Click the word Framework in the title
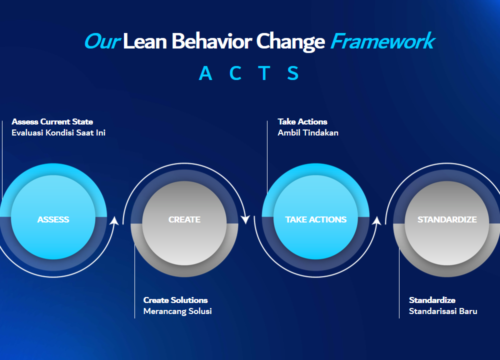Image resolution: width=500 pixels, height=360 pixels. click(382, 41)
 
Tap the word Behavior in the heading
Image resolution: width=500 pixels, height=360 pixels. click(211, 41)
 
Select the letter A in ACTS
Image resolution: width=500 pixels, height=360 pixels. click(205, 73)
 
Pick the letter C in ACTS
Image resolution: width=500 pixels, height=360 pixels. click(235, 73)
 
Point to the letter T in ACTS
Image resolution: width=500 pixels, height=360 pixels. click(264, 73)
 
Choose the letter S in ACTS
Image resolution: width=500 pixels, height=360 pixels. click(292, 73)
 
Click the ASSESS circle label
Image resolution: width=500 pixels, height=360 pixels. click(53, 219)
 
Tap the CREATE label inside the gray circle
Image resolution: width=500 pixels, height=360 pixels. click(184, 219)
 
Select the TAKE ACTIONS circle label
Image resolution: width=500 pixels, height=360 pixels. click(315, 219)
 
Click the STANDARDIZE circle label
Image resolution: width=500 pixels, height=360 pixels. click(447, 219)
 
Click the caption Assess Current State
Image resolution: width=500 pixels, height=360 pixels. click(52, 121)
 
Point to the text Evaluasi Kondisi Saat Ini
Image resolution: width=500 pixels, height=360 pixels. click(58, 132)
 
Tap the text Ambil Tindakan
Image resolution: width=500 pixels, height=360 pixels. click(308, 132)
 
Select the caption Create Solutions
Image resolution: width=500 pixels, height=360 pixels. click(175, 300)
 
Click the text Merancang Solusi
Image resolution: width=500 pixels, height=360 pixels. click(177, 311)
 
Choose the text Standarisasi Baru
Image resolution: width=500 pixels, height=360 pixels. click(443, 311)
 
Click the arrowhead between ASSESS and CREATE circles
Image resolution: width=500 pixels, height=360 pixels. click(114, 220)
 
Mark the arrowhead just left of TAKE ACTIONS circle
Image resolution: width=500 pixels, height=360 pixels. click(245, 219)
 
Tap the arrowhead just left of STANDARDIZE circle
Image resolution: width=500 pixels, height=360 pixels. click(376, 220)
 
